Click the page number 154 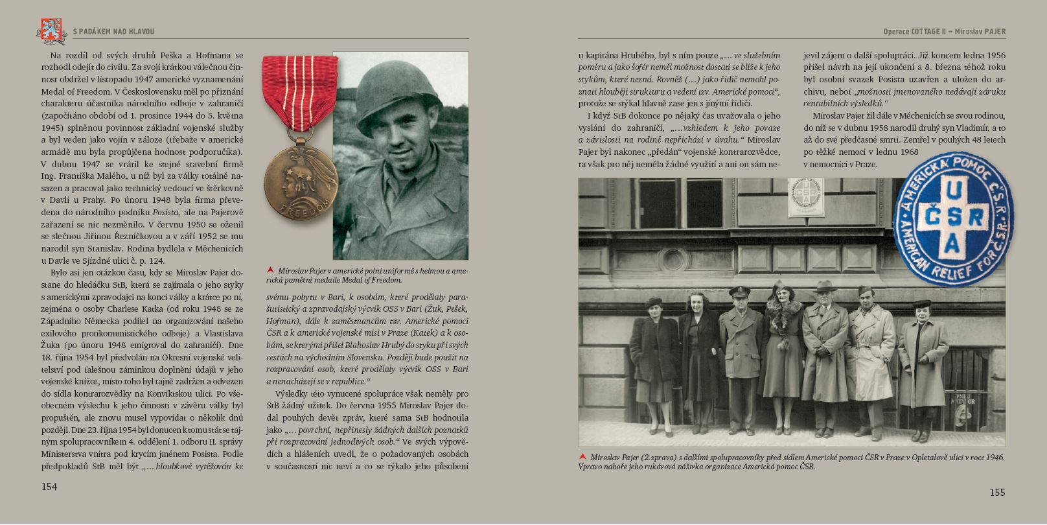(x=49, y=487)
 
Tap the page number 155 (x=997, y=493)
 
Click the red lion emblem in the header (x=51, y=29)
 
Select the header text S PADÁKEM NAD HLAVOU (x=113, y=31)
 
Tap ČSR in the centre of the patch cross (x=952, y=217)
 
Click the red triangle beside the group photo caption (x=583, y=456)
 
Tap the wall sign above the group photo (x=805, y=197)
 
